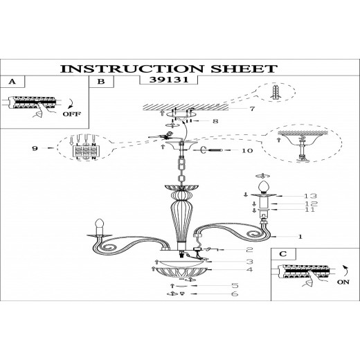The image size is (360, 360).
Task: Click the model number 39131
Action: point(169,80)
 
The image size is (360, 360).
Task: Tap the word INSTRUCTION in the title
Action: point(132,69)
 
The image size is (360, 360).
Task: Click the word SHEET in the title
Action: point(244,69)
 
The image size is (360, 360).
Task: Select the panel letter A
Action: point(12,82)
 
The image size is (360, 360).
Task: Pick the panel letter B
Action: point(101,82)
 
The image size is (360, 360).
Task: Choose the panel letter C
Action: point(283,254)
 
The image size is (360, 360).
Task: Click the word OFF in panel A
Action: point(72,114)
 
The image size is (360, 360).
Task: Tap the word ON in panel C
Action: point(343,282)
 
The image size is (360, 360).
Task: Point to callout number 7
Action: point(252,109)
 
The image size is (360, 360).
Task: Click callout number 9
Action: point(35,148)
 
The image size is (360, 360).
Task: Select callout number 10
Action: point(247,151)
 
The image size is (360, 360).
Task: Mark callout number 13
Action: point(310,196)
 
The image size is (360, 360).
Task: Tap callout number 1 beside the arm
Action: point(300,237)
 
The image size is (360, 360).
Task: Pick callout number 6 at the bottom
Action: point(235,294)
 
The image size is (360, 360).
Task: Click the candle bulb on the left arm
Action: point(100,223)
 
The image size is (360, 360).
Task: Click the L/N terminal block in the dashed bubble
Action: point(84,151)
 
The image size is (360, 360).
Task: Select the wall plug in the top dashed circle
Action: point(276,93)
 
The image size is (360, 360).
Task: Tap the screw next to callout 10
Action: point(215,150)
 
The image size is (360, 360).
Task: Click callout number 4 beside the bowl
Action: point(250,269)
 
